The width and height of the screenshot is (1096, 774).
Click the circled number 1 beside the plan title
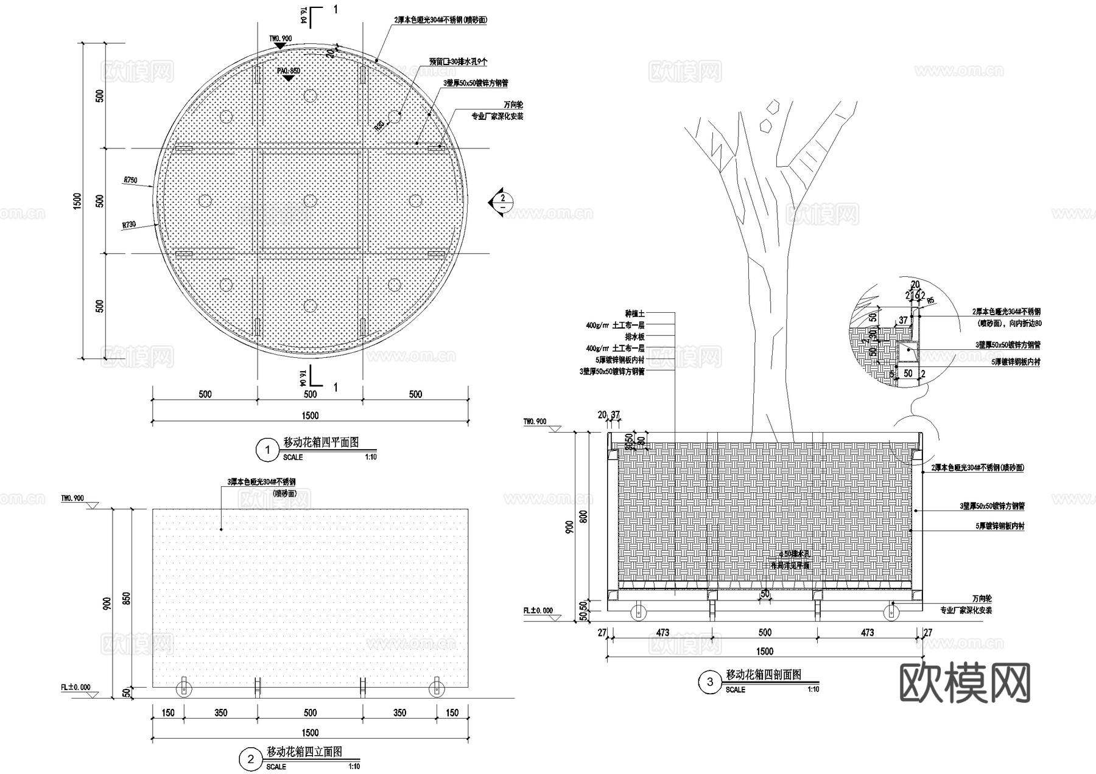[267, 451]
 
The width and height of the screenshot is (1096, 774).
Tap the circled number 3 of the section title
[709, 683]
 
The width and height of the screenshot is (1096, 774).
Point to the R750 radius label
[130, 180]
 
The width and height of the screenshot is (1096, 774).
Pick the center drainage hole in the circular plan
[310, 200]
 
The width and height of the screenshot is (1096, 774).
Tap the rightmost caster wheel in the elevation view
[436, 689]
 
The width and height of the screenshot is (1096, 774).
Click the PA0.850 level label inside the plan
[289, 71]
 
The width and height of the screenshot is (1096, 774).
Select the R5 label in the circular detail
[930, 301]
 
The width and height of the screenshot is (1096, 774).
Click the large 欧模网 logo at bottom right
[964, 682]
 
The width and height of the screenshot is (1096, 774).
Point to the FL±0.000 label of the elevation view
[76, 688]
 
